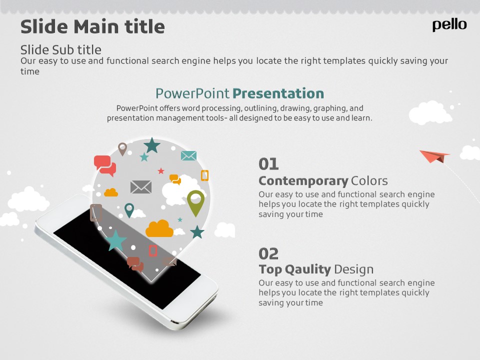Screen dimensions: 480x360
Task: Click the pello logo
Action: pyautogui.click(x=449, y=25)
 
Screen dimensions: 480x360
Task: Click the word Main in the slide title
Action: pyautogui.click(x=96, y=26)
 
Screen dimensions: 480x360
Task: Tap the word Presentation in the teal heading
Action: pyautogui.click(x=278, y=93)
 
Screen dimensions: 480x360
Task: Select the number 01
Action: pyautogui.click(x=268, y=164)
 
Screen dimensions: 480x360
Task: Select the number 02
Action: pyautogui.click(x=268, y=254)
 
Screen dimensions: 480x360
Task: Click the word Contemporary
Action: pyautogui.click(x=303, y=181)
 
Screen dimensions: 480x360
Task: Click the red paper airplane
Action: pyautogui.click(x=434, y=156)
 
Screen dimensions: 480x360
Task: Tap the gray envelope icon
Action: pyautogui.click(x=141, y=186)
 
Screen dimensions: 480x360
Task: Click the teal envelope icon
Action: pyautogui.click(x=188, y=156)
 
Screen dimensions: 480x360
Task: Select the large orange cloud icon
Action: pyautogui.click(x=159, y=228)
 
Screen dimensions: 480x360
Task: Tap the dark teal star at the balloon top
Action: pyautogui.click(x=152, y=145)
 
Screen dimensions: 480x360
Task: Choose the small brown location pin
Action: pyautogui.click(x=122, y=149)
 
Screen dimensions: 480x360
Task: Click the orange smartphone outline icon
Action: pyautogui.click(x=204, y=175)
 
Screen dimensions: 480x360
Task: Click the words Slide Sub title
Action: pyautogui.click(x=60, y=50)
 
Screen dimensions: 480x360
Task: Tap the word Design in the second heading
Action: pyautogui.click(x=354, y=269)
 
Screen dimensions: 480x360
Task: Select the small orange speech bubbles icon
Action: pyautogui.click(x=175, y=179)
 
